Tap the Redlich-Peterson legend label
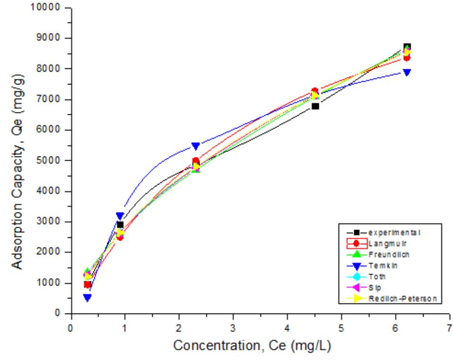tap(401, 298)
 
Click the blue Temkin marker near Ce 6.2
tap(407, 73)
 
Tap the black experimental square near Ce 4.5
tap(315, 106)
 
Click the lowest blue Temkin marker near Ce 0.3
tap(87, 297)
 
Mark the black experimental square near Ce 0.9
tap(120, 225)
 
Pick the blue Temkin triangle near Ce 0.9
tap(120, 216)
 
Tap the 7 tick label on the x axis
tap(449, 327)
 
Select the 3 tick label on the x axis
tap(233, 327)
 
